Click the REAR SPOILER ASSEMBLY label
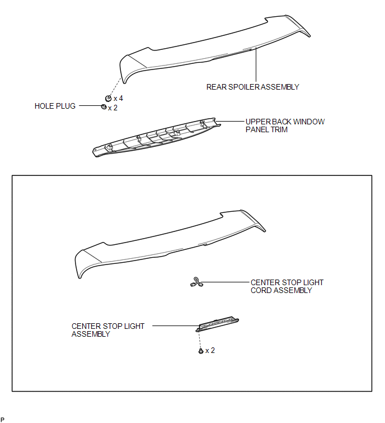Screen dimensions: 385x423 click(x=253, y=87)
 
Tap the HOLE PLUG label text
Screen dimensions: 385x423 click(x=55, y=106)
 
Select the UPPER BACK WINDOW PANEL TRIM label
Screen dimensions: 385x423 click(x=285, y=125)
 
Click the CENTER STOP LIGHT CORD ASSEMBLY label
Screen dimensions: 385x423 click(x=287, y=286)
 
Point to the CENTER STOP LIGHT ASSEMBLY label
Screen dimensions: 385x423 click(x=108, y=330)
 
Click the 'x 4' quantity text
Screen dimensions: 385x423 click(x=118, y=99)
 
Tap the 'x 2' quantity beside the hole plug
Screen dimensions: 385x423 click(x=112, y=108)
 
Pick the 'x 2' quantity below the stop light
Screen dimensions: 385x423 click(x=210, y=350)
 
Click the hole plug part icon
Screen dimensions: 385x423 click(x=104, y=107)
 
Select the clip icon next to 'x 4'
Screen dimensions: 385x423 click(x=109, y=98)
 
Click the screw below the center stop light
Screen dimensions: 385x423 click(x=201, y=351)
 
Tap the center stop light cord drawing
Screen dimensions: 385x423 click(x=196, y=282)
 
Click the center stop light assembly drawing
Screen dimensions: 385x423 click(x=217, y=324)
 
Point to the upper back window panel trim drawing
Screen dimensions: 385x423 click(x=157, y=137)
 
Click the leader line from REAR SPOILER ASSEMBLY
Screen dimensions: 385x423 click(x=256, y=64)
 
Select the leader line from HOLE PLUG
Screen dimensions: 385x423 click(x=90, y=106)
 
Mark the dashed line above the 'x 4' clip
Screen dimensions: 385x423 click(x=115, y=86)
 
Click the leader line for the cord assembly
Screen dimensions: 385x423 click(x=226, y=282)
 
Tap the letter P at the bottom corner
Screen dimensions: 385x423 click(x=2, y=420)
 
